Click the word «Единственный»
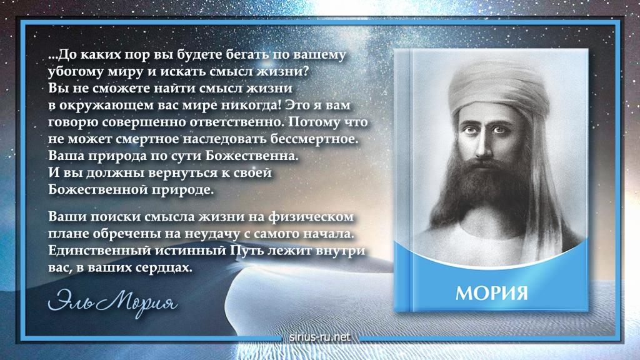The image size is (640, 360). pyautogui.click(x=99, y=250)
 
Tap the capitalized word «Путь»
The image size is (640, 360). pyautogui.click(x=247, y=250)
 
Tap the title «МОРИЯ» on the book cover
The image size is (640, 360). pyautogui.click(x=491, y=293)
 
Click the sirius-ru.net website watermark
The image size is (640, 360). pyautogui.click(x=319, y=337)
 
